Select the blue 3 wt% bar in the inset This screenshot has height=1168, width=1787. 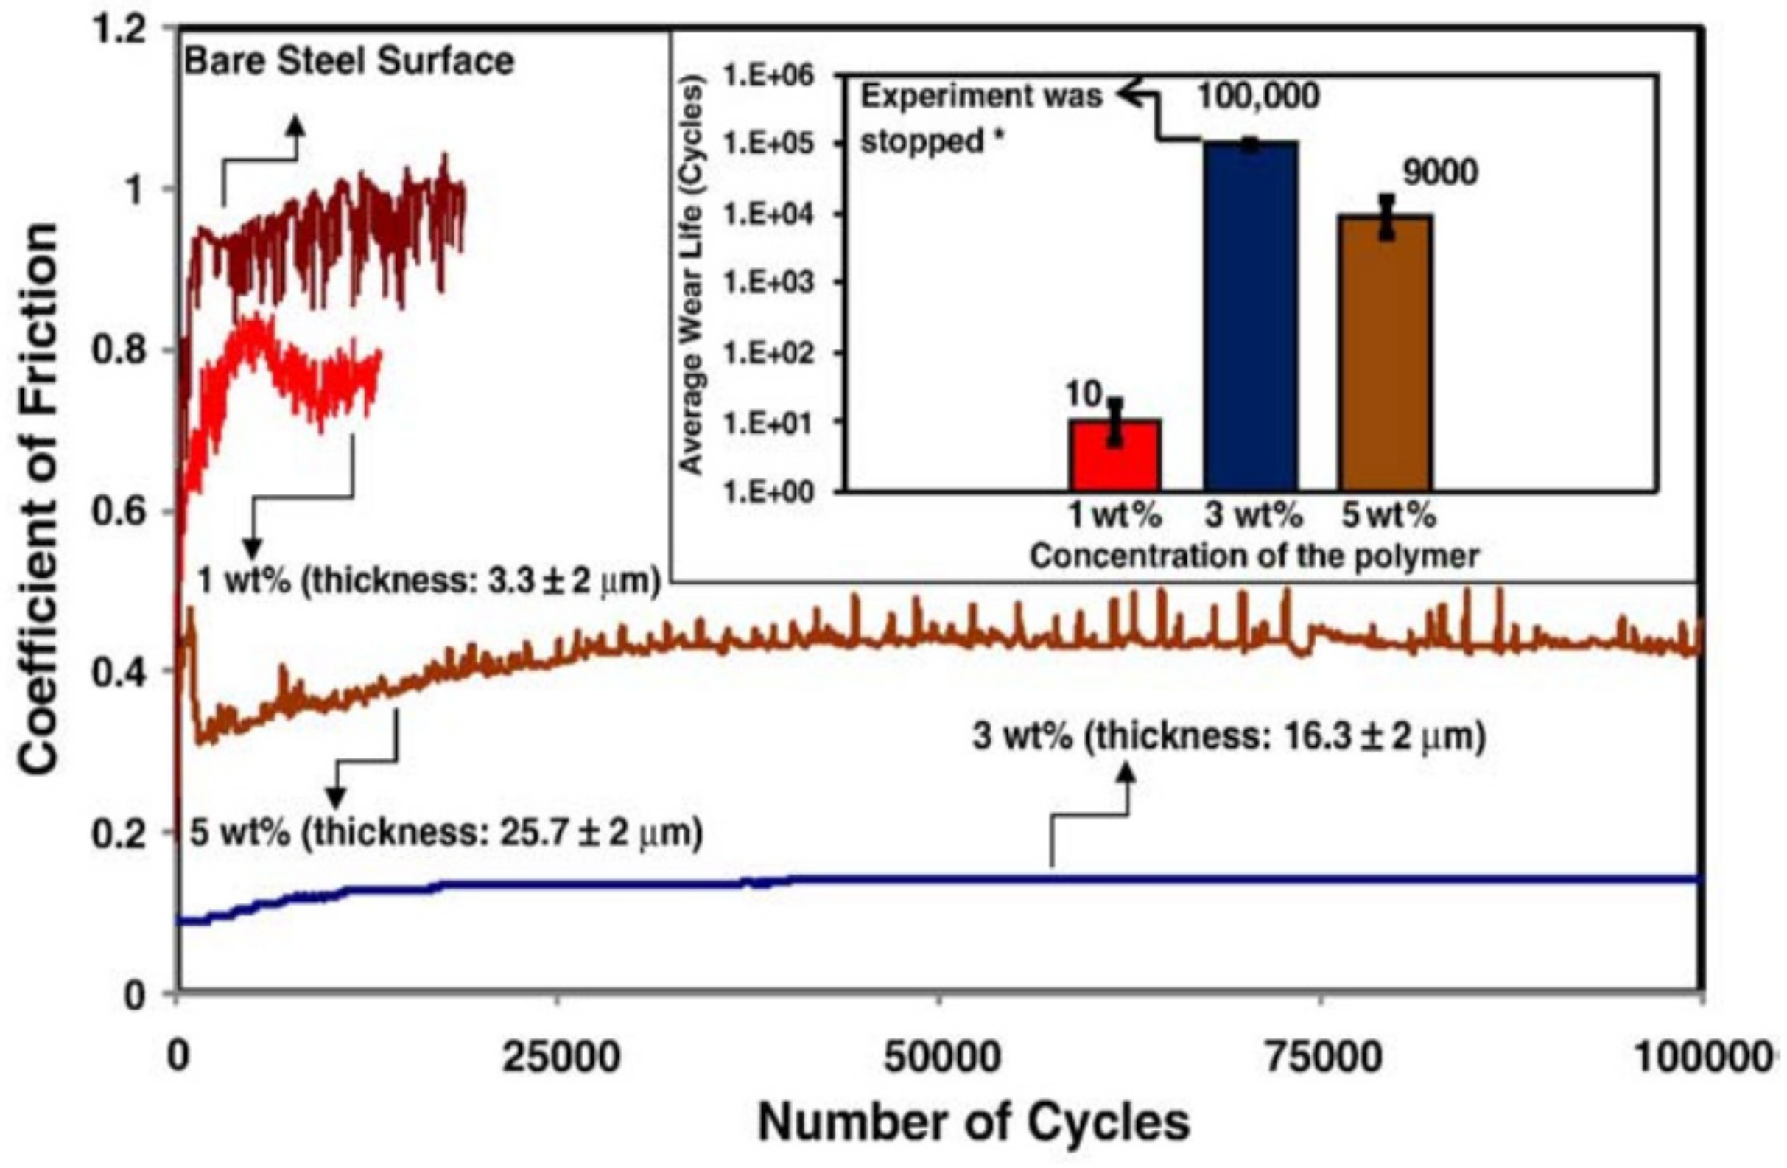1251,315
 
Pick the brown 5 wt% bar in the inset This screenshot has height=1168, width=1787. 1386,353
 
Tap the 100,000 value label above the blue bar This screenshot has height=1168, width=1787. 1257,96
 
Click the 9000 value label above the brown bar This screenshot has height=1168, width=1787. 1440,173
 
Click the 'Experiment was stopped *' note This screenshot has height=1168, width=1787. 980,118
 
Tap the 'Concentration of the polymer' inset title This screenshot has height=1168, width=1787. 1254,556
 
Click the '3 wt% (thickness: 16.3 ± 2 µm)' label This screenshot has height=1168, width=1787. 1229,737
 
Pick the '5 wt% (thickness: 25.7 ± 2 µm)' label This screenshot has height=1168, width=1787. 446,833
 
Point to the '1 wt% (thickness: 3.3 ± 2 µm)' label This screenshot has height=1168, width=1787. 428,581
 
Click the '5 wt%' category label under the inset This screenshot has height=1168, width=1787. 1389,517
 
